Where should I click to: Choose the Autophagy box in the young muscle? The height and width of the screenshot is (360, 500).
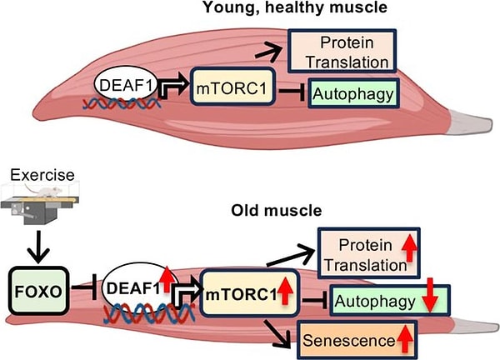(x=351, y=93)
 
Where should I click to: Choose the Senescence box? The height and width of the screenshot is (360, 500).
(x=367, y=339)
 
